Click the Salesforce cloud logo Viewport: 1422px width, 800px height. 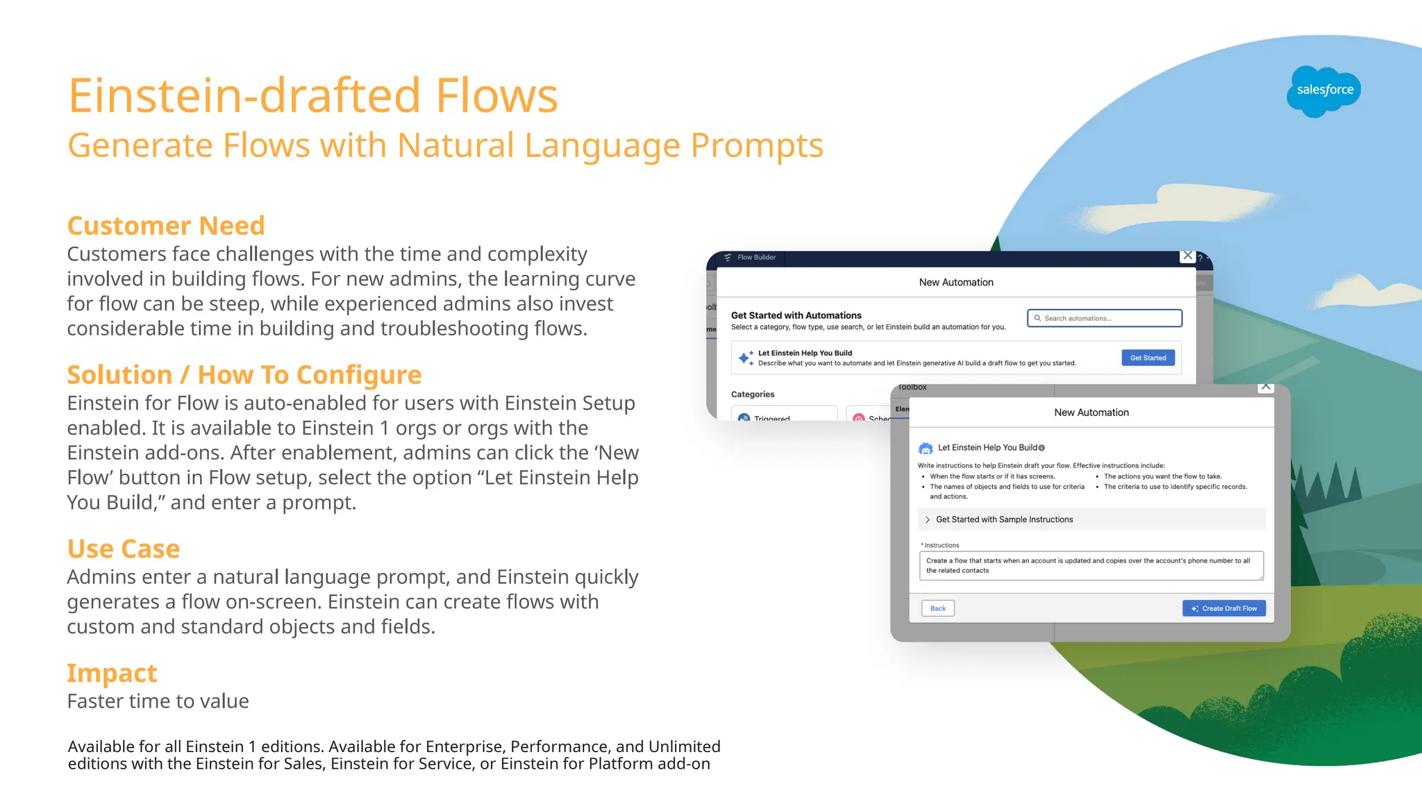[1323, 91]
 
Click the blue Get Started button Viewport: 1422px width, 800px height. [1148, 358]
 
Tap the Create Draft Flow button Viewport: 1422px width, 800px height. [1223, 608]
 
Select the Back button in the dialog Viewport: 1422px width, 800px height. [937, 608]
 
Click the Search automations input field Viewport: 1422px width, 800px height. [1104, 318]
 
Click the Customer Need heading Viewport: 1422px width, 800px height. [166, 226]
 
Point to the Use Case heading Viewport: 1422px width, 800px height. [124, 549]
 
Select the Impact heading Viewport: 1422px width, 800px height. [112, 673]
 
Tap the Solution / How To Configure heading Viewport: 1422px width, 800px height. [244, 375]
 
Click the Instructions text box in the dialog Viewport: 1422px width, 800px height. [1090, 565]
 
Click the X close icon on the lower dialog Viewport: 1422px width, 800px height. [1266, 387]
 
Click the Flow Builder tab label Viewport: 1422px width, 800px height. [755, 258]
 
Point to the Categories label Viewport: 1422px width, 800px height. [752, 394]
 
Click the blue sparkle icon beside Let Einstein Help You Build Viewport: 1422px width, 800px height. [745, 358]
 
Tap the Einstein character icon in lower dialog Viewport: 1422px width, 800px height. [926, 448]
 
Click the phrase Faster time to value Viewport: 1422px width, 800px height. [158, 701]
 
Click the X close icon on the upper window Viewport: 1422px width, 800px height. [1187, 256]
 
